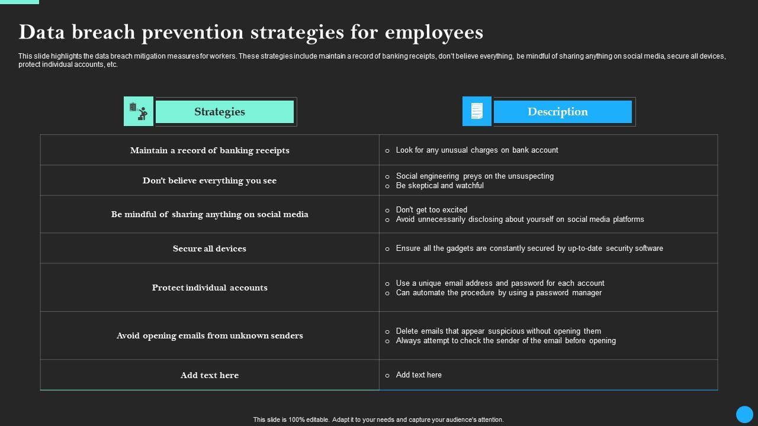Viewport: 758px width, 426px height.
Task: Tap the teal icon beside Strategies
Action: pos(139,111)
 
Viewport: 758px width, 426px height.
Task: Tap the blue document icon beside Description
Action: pos(477,111)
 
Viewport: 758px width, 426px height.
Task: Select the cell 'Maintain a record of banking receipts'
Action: pos(210,150)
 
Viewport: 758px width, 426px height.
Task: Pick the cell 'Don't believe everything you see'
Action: pos(210,180)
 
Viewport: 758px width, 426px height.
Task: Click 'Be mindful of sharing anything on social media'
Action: pos(210,214)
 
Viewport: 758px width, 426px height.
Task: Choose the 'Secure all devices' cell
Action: pos(210,248)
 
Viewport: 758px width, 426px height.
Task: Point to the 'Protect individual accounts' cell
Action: pos(210,288)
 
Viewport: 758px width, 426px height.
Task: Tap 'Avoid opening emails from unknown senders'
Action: pos(210,335)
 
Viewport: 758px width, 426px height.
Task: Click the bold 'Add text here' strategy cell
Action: pos(210,375)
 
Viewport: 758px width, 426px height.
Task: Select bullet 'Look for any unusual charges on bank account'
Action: pos(477,150)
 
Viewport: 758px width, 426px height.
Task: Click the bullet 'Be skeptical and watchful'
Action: pos(439,186)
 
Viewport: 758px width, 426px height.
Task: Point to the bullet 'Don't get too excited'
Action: pos(431,210)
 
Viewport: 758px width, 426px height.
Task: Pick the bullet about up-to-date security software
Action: pos(529,248)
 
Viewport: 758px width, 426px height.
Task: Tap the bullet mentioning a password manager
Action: pos(498,293)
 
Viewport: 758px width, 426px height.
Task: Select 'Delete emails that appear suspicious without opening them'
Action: pos(498,331)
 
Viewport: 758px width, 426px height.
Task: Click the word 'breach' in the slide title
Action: pos(105,32)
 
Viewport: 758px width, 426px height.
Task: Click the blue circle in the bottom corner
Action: pos(744,414)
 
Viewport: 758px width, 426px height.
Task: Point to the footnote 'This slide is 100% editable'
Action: pos(378,419)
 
